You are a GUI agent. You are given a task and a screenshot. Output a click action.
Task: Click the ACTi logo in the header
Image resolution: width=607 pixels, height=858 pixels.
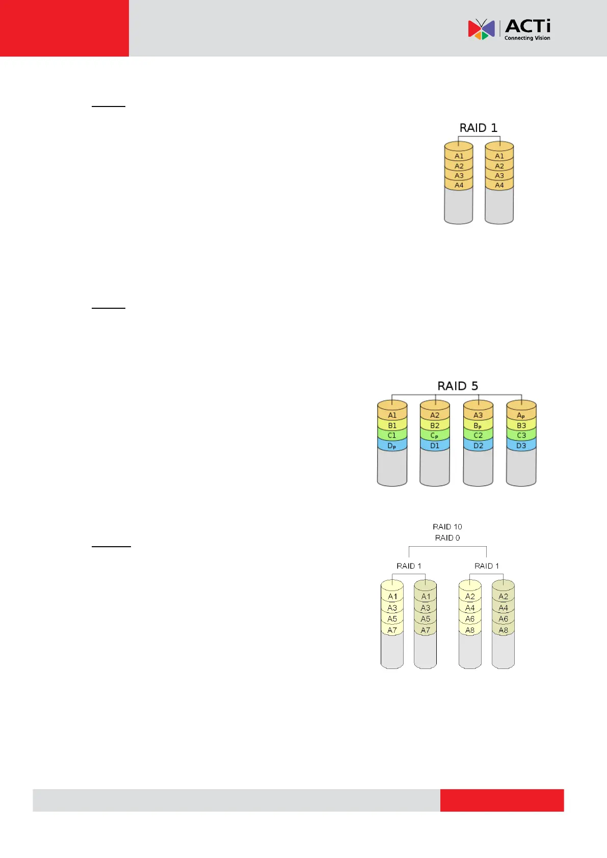(x=509, y=30)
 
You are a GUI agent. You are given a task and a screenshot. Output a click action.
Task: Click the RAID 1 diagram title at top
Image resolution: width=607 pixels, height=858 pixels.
(x=478, y=128)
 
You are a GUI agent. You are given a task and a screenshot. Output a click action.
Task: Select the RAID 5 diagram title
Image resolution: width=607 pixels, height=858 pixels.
(x=458, y=386)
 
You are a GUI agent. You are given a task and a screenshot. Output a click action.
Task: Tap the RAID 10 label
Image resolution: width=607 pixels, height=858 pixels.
(x=447, y=527)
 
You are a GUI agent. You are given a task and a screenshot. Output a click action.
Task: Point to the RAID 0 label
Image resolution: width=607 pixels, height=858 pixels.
(x=447, y=538)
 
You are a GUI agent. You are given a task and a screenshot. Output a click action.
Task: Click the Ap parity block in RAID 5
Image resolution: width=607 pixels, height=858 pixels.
(x=521, y=416)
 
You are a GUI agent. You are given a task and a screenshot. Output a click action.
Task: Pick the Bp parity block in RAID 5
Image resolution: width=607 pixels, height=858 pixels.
(x=478, y=426)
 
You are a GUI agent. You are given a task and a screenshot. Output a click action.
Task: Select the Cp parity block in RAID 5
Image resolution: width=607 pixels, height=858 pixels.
(x=434, y=436)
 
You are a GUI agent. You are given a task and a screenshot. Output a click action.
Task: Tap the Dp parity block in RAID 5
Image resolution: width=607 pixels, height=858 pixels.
(x=391, y=446)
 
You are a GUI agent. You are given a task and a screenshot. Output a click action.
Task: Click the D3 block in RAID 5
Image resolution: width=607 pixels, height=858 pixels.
(x=521, y=446)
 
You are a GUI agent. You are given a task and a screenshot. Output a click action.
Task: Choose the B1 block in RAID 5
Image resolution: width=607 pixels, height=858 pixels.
(x=392, y=425)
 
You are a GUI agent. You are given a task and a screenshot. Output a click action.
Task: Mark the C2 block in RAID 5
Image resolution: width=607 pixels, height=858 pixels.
(x=478, y=436)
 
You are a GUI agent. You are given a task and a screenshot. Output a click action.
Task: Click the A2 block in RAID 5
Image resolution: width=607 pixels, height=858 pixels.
(x=435, y=415)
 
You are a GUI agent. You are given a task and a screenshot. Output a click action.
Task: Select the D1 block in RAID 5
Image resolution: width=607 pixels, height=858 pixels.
(x=435, y=446)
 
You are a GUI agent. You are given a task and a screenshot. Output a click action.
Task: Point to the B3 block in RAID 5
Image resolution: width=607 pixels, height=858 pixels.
(x=521, y=425)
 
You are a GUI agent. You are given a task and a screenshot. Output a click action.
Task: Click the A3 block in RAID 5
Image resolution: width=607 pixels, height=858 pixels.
(x=478, y=415)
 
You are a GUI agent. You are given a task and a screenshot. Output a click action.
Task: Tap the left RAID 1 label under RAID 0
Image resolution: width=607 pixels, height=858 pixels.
(x=409, y=566)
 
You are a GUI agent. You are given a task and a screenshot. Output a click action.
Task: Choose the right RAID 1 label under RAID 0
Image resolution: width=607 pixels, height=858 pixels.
(x=487, y=566)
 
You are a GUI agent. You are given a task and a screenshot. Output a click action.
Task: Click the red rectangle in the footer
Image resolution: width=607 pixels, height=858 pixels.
(x=502, y=800)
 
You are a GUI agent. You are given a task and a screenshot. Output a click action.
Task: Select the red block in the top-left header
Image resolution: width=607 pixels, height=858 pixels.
(x=64, y=28)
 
